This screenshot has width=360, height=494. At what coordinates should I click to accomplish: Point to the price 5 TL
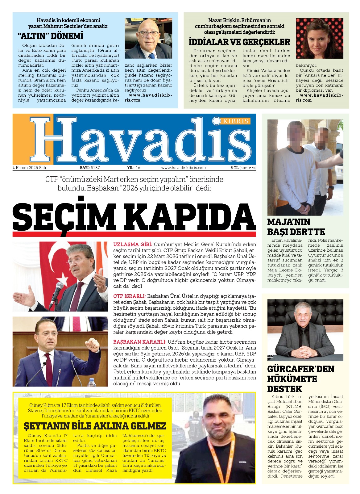click(234, 168)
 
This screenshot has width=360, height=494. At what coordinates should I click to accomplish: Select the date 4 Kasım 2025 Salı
click(29, 168)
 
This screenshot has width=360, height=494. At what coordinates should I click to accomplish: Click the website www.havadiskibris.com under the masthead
click(183, 168)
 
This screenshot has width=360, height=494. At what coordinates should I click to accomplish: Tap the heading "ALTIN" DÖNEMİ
click(51, 36)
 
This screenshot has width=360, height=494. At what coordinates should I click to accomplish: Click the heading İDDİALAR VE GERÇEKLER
click(239, 42)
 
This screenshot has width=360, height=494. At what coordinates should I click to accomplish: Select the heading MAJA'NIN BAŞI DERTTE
click(296, 227)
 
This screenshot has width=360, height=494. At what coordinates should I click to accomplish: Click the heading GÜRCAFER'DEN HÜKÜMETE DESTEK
click(300, 379)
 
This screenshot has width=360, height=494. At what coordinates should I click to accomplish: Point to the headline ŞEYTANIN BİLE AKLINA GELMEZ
click(95, 426)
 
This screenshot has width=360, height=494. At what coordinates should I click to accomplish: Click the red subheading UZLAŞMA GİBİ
click(133, 245)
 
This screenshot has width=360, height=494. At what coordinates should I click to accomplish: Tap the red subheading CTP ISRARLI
click(129, 296)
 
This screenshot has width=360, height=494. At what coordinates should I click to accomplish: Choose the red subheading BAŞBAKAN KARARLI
click(139, 342)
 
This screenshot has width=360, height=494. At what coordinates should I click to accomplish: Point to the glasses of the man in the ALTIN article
click(149, 33)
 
